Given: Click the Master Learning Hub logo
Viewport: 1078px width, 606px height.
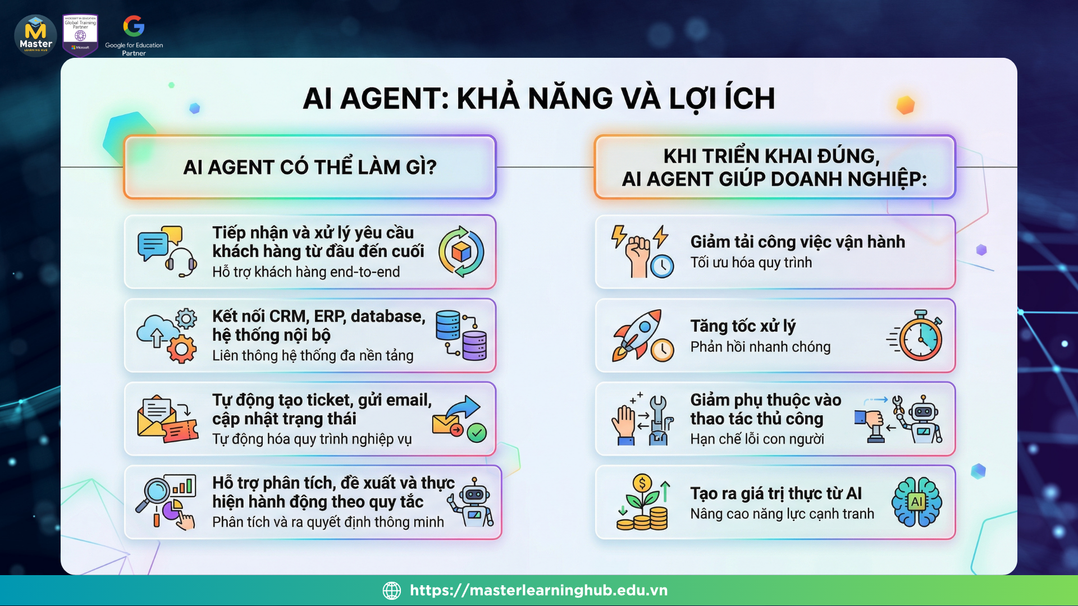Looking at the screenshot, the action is pos(35,36).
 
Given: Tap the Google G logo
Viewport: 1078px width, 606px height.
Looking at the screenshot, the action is pos(134,26).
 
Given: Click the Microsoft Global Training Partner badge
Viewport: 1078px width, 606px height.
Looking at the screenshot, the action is pos(80,35).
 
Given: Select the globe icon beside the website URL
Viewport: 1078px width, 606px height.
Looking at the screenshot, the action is pos(392,590).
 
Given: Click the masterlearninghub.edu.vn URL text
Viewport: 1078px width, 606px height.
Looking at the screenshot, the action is pos(538,590).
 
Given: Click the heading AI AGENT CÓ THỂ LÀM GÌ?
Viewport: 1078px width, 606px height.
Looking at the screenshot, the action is pos(310,167).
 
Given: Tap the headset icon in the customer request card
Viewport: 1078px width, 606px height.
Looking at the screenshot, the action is pos(181,262).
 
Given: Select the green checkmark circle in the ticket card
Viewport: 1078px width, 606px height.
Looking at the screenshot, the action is pos(477,433).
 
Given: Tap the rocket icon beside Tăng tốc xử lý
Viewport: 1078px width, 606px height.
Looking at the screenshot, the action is pos(637,334).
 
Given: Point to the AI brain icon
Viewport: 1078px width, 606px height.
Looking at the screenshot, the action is pos(917,501).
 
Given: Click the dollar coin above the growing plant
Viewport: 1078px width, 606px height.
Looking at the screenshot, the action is pos(642,483).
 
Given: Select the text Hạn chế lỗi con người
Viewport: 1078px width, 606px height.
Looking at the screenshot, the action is pos(757,439).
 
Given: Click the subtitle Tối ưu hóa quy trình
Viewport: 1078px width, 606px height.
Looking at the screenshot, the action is pos(751,263).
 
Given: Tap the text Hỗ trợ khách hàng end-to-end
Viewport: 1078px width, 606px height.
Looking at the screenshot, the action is pos(306,272).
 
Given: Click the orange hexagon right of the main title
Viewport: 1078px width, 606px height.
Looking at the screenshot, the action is pos(905,105).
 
